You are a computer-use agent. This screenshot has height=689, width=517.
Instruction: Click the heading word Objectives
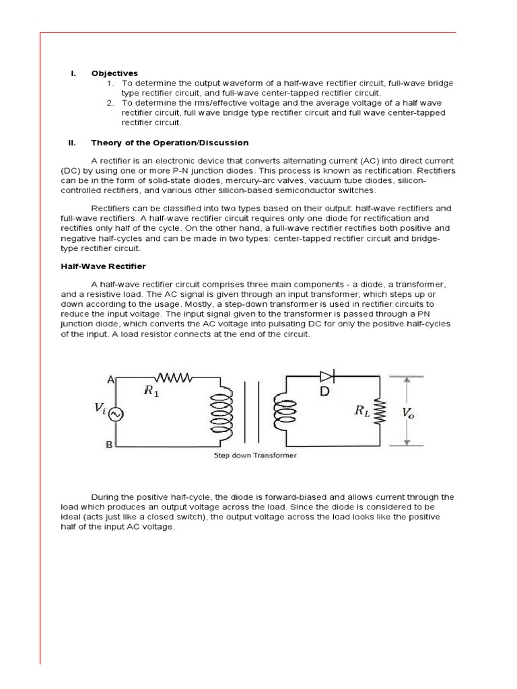click(114, 73)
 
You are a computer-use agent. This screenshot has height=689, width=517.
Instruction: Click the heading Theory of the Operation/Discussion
click(170, 143)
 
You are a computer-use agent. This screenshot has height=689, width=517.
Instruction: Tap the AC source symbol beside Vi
click(116, 414)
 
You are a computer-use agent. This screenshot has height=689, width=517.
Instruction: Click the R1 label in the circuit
click(152, 392)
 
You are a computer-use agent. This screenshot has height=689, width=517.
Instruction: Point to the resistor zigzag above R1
click(175, 377)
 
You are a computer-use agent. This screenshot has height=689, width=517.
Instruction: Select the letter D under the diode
click(324, 391)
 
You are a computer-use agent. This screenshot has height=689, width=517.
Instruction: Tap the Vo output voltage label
click(409, 412)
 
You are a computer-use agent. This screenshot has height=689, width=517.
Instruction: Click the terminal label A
click(109, 380)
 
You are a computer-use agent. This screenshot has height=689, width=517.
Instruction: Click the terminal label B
click(109, 445)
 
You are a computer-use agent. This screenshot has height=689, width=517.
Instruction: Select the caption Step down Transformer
click(255, 456)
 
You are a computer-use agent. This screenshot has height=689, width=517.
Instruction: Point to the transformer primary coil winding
click(221, 412)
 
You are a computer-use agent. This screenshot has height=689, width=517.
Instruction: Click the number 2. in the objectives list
click(110, 103)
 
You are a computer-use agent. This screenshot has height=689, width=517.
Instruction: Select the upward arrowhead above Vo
click(407, 381)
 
